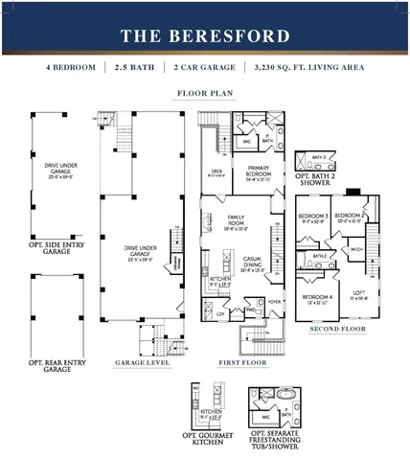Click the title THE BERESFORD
[x=205, y=36]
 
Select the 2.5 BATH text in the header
[x=134, y=68]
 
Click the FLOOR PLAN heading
[x=205, y=94]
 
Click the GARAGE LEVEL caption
[x=144, y=363]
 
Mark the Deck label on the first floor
[x=216, y=172]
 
